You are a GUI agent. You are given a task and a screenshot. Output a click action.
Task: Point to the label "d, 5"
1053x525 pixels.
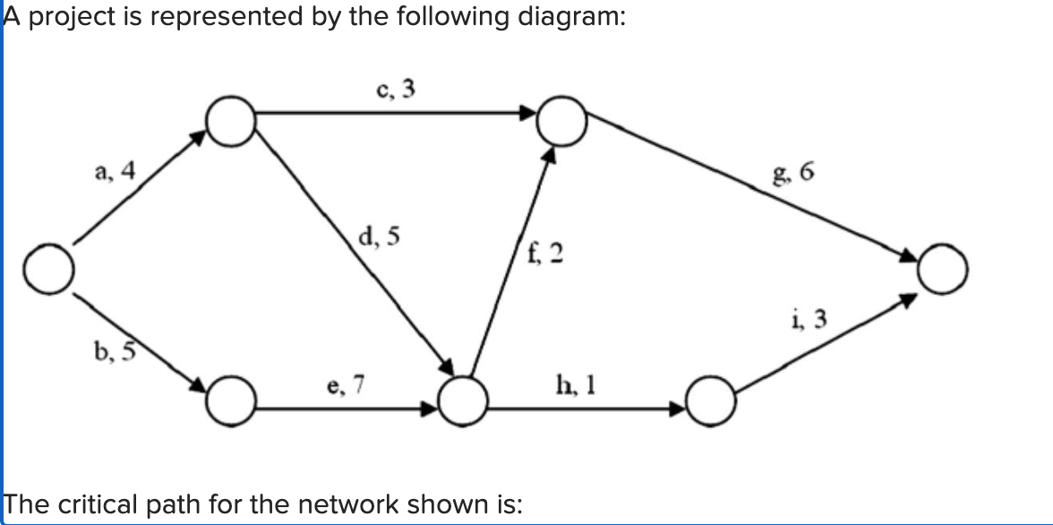pyautogui.click(x=379, y=237)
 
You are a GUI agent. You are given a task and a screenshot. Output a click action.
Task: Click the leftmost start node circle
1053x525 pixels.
pyautogui.click(x=48, y=266)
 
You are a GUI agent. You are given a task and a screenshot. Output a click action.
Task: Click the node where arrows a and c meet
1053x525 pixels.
pyautogui.click(x=230, y=119)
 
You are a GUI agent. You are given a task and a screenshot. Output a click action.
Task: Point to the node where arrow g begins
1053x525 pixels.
pyautogui.click(x=561, y=119)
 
